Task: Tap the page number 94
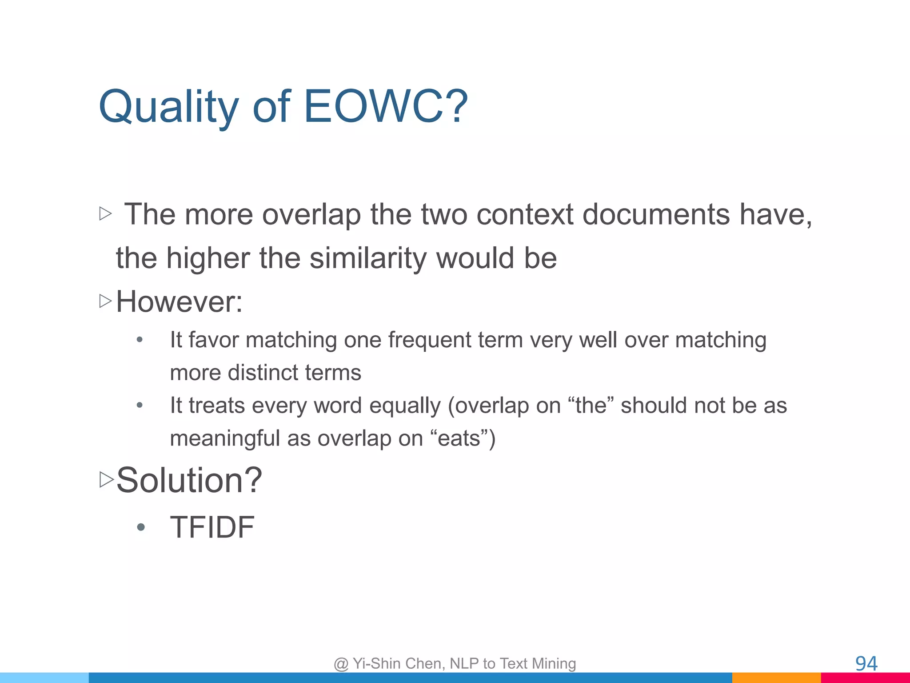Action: coord(866,663)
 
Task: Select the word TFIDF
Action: coord(212,527)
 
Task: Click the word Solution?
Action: coord(189,481)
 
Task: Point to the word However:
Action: coord(179,302)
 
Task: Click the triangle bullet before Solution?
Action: coord(107,480)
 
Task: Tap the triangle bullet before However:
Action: coord(105,301)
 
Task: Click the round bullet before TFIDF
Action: coord(141,528)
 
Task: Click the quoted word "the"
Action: coord(591,406)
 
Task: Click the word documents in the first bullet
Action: coord(656,215)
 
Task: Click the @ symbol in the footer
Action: coord(341,664)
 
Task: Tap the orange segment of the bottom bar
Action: coord(776,678)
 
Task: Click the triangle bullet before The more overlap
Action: coord(105,214)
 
